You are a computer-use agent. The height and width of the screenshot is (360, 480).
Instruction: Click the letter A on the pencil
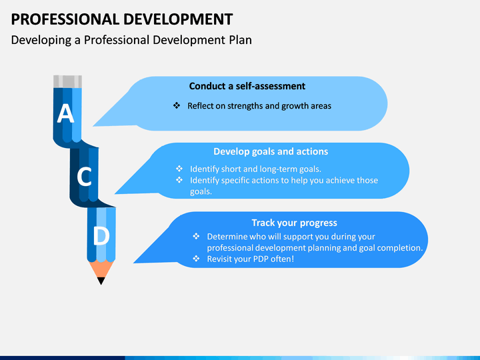pyautogui.click(x=65, y=113)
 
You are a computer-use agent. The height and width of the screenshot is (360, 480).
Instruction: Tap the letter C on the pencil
pyautogui.click(x=84, y=177)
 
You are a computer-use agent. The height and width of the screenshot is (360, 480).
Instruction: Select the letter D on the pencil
pyautogui.click(x=101, y=236)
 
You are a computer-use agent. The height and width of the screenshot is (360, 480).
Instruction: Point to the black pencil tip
pyautogui.click(x=101, y=281)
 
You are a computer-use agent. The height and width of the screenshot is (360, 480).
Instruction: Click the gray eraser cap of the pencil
pyautogui.click(x=67, y=82)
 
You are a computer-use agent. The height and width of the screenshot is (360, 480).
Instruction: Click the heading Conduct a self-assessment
pyautogui.click(x=247, y=86)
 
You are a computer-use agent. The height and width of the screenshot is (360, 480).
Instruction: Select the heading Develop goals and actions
pyautogui.click(x=271, y=151)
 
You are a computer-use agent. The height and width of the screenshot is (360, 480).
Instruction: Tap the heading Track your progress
pyautogui.click(x=294, y=223)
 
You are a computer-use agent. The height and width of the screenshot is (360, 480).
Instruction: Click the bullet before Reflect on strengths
pyautogui.click(x=177, y=105)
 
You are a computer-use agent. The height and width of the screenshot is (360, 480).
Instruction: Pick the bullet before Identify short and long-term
pyautogui.click(x=179, y=169)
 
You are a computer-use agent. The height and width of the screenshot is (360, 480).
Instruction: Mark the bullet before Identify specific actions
pyautogui.click(x=179, y=180)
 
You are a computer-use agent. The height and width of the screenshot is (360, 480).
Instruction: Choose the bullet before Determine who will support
pyautogui.click(x=196, y=236)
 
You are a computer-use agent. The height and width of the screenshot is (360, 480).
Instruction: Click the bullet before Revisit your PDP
pyautogui.click(x=196, y=259)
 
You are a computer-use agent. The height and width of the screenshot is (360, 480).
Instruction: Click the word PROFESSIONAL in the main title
pyautogui.click(x=65, y=19)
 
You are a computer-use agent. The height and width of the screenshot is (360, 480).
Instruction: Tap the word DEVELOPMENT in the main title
pyautogui.click(x=178, y=19)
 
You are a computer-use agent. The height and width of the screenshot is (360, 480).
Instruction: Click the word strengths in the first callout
pyautogui.click(x=245, y=106)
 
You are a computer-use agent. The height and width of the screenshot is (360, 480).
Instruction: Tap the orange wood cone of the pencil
pyautogui.click(x=101, y=269)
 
